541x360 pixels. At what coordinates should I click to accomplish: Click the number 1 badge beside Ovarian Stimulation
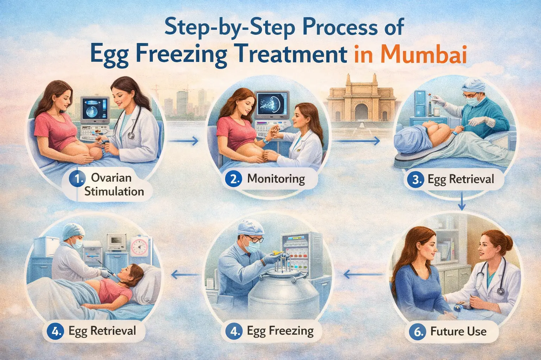tap(76, 179)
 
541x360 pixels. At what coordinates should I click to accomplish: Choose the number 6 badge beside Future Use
tap(418, 332)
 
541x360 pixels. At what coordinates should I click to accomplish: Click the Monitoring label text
tap(276, 179)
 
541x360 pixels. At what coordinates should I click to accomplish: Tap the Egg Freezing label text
tap(280, 331)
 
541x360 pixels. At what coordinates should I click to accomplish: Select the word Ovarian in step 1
tap(111, 178)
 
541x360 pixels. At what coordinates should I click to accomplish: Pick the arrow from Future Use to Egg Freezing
tap(363, 274)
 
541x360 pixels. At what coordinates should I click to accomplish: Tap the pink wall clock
tap(140, 247)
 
